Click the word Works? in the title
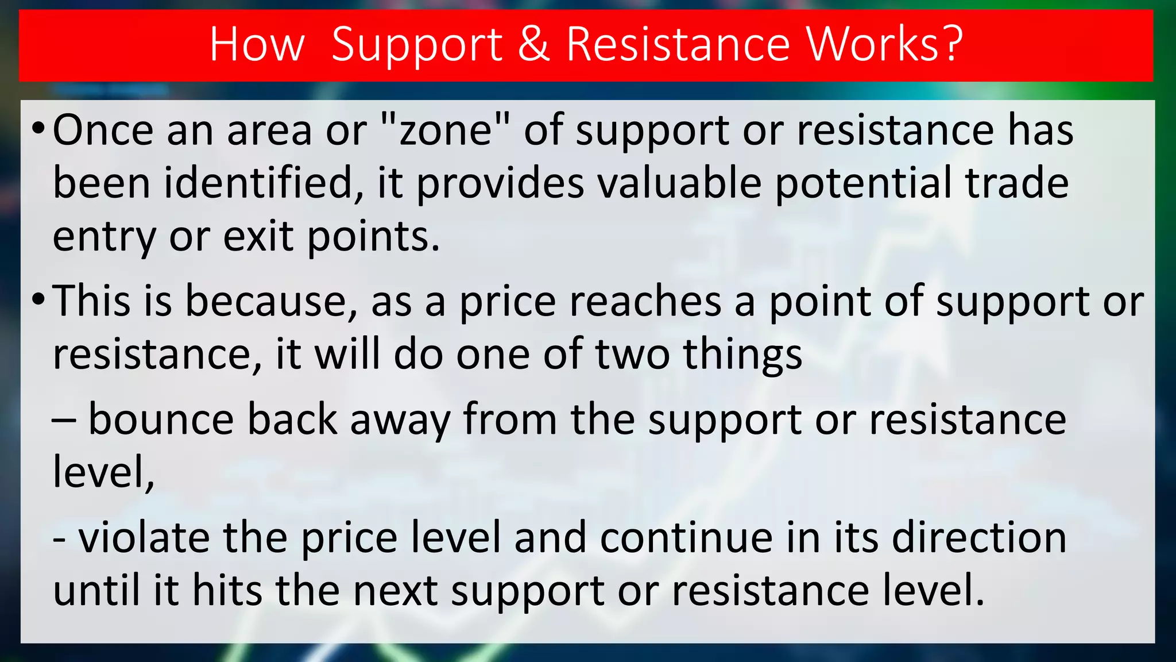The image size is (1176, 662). pyautogui.click(x=885, y=44)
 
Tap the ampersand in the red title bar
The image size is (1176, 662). pyautogui.click(x=533, y=44)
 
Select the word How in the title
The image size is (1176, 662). pyautogui.click(x=257, y=44)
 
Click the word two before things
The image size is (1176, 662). pyautogui.click(x=632, y=355)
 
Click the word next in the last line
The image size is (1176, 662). pyautogui.click(x=396, y=591)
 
